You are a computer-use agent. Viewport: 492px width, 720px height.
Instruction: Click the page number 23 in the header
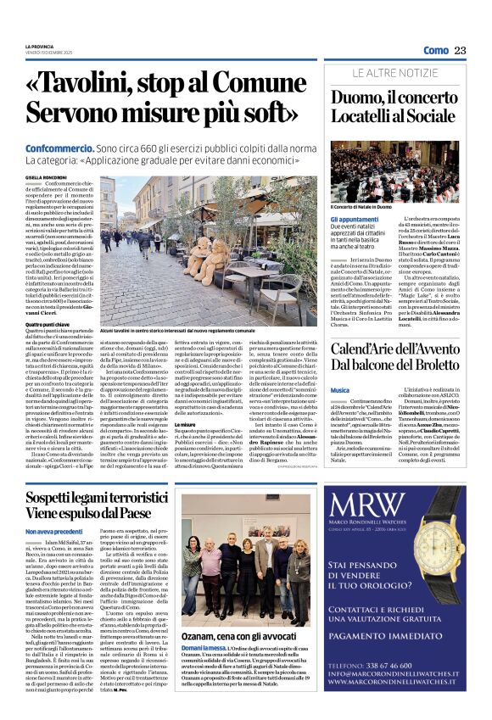(x=461, y=51)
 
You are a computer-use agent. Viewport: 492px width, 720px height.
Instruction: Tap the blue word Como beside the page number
(x=436, y=51)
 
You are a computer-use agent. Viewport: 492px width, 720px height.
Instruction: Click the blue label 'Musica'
(x=339, y=389)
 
